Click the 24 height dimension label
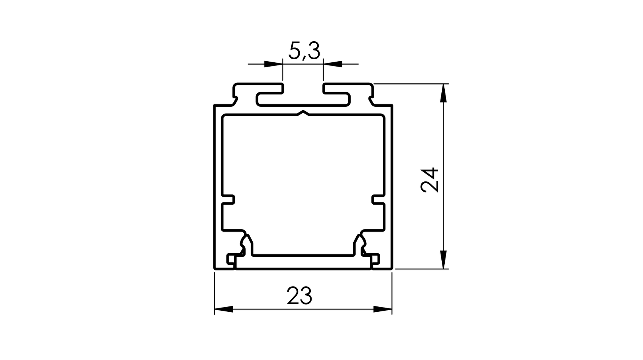[x=429, y=179]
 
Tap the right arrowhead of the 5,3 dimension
[x=333, y=64]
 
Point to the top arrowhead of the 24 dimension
[x=443, y=93]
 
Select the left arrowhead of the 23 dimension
[x=224, y=309]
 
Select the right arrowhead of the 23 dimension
[x=382, y=309]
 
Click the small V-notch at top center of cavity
[x=303, y=113]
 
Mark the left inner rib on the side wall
[x=229, y=199]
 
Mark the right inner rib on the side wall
[x=377, y=199]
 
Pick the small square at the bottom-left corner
[x=231, y=259]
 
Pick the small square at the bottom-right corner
[x=375, y=259]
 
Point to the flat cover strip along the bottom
[x=303, y=263]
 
